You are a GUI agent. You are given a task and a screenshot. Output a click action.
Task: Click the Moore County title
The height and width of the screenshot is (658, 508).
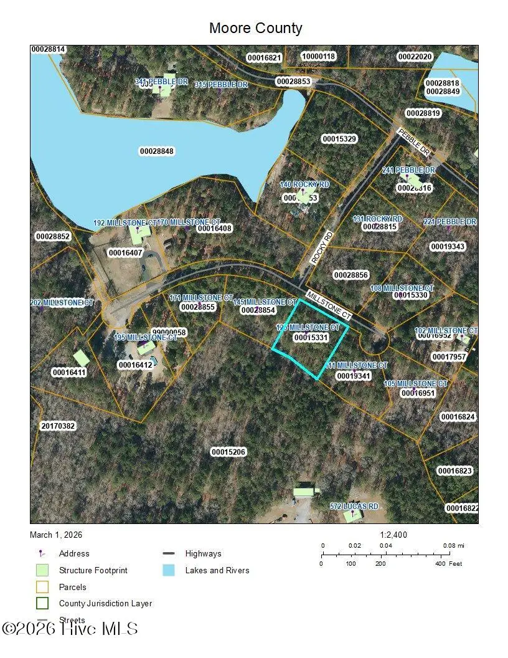(x=255, y=28)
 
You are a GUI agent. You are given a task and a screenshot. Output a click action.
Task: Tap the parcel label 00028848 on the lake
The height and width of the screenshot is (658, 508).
(x=156, y=151)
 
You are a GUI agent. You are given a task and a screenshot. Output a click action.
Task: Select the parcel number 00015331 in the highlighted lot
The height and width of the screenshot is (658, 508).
(x=311, y=337)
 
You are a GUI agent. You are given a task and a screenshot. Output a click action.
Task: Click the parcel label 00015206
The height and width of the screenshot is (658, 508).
(x=228, y=452)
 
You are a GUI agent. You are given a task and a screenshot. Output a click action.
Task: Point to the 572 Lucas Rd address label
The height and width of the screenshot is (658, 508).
(x=354, y=507)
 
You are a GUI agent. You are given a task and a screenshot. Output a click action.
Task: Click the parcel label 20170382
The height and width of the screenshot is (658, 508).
(x=58, y=426)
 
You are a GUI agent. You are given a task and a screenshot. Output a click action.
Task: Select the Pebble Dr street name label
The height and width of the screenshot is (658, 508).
(x=414, y=143)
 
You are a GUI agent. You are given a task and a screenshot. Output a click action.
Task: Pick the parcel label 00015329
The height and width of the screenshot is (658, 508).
(x=339, y=138)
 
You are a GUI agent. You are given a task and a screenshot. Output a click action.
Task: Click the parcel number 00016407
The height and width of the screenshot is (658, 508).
(x=125, y=253)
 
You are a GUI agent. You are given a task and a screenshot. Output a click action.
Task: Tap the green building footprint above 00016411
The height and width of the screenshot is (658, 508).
(x=81, y=358)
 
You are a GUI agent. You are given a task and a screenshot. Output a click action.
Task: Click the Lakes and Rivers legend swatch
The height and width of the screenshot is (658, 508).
(x=168, y=570)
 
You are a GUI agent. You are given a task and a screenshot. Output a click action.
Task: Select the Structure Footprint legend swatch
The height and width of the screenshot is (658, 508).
(x=42, y=570)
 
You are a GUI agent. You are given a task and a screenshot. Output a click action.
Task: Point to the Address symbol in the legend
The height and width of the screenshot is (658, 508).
(x=42, y=553)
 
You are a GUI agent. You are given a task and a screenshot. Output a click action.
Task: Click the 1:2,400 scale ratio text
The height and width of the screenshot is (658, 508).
(x=393, y=535)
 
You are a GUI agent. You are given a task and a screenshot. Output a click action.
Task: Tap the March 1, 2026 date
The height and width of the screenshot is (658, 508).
(x=56, y=535)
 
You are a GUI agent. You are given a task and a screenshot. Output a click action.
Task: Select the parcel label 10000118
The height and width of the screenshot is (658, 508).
(x=318, y=56)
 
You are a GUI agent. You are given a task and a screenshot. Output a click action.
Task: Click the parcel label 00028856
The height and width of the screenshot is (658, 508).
(x=351, y=275)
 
